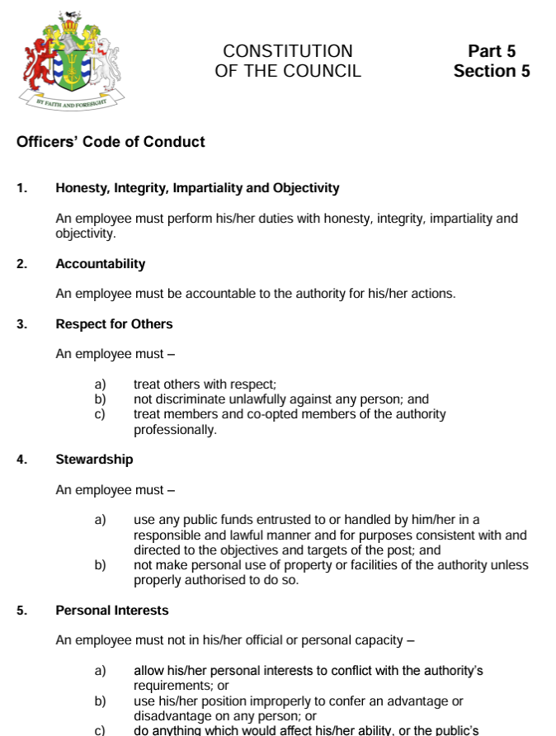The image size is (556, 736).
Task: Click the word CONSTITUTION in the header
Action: tap(288, 51)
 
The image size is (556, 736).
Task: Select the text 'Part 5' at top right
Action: tap(492, 51)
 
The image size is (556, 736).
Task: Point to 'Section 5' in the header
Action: tap(492, 71)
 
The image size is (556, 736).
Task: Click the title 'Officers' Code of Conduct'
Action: tap(111, 142)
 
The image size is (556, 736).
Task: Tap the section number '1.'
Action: tap(21, 188)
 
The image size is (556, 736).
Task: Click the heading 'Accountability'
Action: tap(100, 264)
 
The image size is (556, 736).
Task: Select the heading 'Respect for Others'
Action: tap(114, 324)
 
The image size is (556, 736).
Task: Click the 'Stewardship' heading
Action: tap(94, 460)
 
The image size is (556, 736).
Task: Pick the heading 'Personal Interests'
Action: tap(111, 611)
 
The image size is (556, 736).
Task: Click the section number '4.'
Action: tap(21, 460)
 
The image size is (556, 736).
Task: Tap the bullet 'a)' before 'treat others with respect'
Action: tap(101, 385)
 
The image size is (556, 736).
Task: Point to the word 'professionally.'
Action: tap(175, 430)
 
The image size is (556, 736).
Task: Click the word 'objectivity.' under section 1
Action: tap(86, 234)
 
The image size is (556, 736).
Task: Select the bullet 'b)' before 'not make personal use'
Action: tap(101, 565)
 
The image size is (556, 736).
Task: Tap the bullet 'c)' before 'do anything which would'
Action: tap(101, 730)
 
